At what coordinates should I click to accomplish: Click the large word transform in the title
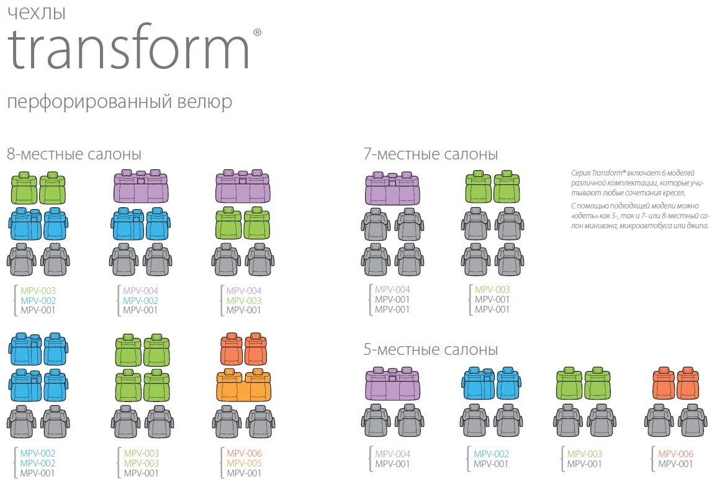click(x=128, y=47)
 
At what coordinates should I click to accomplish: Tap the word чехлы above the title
click(x=37, y=13)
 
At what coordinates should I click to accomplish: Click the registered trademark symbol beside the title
click(x=257, y=32)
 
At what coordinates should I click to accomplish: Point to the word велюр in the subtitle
click(x=204, y=102)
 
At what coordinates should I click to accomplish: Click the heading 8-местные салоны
click(x=74, y=154)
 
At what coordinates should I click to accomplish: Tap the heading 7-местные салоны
click(x=430, y=154)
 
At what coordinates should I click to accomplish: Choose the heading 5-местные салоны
click(x=430, y=349)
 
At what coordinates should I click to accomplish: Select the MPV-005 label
click(x=244, y=463)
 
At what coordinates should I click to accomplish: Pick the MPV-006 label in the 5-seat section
click(x=675, y=454)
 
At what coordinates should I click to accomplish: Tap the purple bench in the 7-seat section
click(x=392, y=188)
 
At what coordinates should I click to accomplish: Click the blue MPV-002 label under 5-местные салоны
click(x=491, y=454)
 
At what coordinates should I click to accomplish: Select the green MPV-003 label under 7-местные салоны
click(x=492, y=289)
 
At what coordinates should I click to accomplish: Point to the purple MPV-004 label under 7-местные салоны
click(x=392, y=289)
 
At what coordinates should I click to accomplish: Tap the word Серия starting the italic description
click(x=580, y=172)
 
